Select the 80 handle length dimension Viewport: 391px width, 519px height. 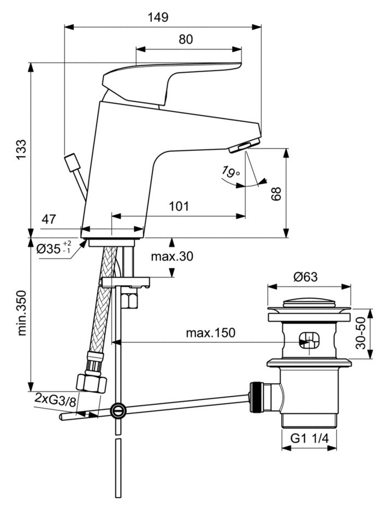tap(186, 39)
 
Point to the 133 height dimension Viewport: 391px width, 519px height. tap(20, 149)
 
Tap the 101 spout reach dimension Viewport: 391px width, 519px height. tap(179, 206)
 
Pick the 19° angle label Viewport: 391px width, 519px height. tap(230, 173)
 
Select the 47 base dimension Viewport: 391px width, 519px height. tap(49, 220)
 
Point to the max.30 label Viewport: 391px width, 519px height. tap(173, 256)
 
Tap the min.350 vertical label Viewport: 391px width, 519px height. tap(22, 316)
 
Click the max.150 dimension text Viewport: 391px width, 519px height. tap(210, 333)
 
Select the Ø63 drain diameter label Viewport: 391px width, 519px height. tap(309, 277)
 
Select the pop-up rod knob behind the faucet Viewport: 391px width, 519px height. tap(71, 161)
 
